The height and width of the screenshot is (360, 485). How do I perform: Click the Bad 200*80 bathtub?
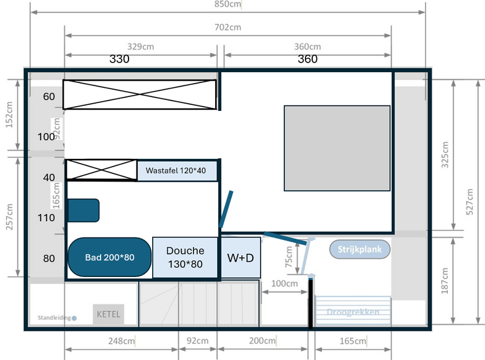(x=109, y=258)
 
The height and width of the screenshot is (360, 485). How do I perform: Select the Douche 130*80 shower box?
(x=185, y=258)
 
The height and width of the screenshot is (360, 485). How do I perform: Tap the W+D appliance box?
(x=240, y=258)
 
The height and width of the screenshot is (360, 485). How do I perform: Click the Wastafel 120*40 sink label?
(x=176, y=171)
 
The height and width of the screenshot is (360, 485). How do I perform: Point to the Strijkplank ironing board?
(x=360, y=249)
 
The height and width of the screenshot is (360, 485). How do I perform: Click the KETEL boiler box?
(x=109, y=315)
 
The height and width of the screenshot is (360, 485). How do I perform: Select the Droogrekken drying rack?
(x=353, y=312)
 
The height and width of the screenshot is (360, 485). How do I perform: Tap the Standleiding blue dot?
(x=74, y=318)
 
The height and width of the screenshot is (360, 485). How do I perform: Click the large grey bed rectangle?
(x=337, y=148)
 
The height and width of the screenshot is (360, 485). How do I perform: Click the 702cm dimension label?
(x=228, y=27)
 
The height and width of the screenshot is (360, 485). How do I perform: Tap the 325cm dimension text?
(x=446, y=155)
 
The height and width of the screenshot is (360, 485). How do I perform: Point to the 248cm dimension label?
(x=121, y=341)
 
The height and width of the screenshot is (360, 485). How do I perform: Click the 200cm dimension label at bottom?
(x=263, y=341)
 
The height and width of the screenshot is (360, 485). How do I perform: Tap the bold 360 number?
(x=307, y=59)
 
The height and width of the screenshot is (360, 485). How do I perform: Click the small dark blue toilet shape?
(x=84, y=210)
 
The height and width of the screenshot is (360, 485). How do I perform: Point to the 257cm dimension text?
(x=9, y=216)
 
